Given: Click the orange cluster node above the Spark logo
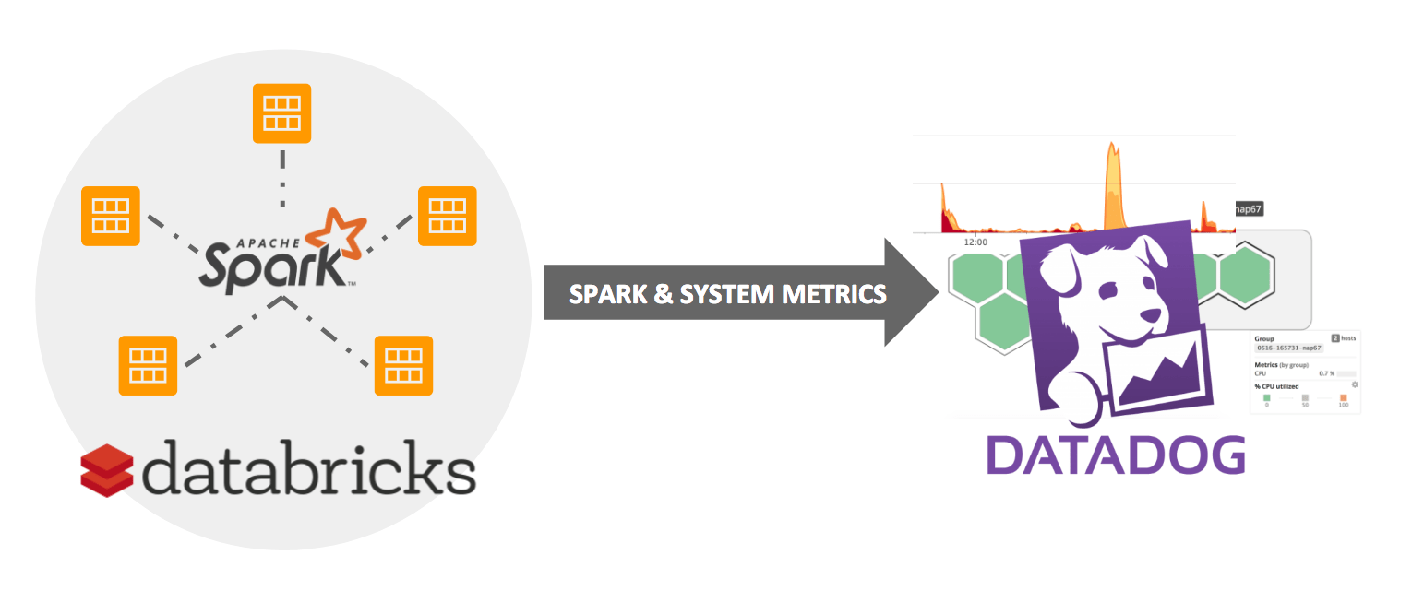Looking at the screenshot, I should point(282,113).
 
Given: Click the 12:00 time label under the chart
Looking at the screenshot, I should point(975,242).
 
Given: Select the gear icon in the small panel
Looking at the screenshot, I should point(1354,384).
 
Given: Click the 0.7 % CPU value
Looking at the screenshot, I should point(1327,372).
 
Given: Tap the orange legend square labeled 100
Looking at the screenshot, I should point(1343,397).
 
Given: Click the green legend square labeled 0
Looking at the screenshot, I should point(1266,397).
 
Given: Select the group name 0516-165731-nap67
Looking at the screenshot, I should point(1289,348).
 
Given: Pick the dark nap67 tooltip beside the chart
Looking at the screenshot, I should point(1248,210).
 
